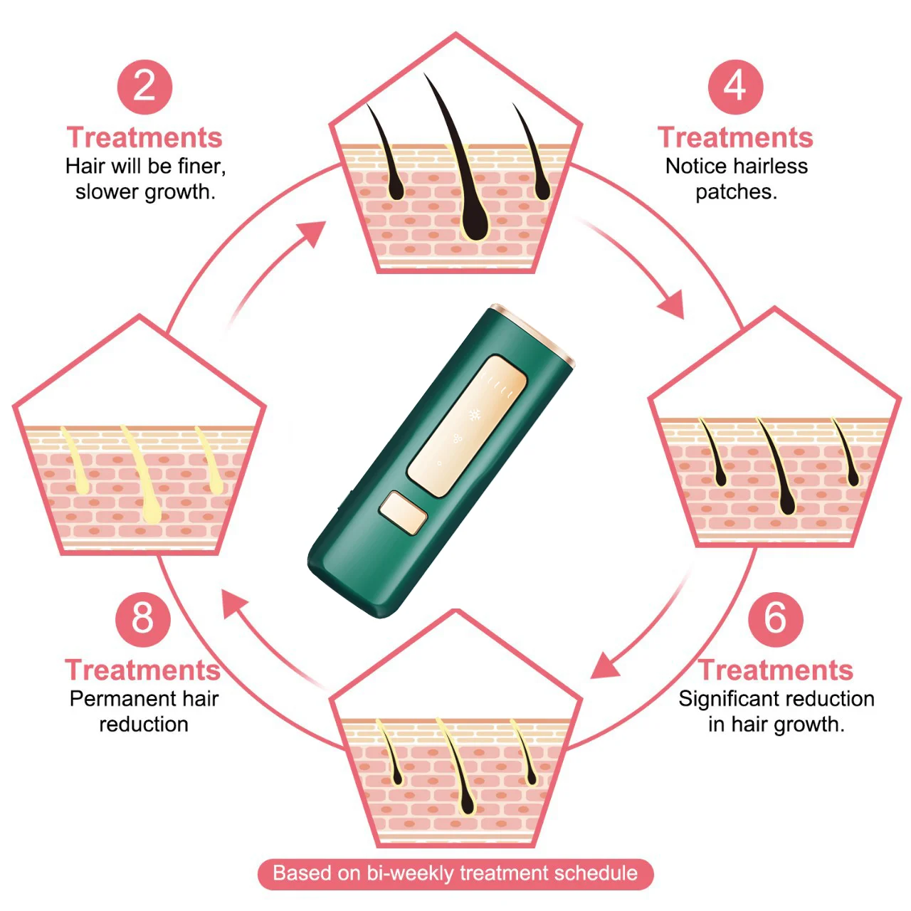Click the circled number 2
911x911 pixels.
(x=144, y=87)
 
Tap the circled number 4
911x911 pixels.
(x=735, y=87)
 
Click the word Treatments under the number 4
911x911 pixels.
(x=735, y=137)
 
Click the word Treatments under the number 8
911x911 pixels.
(x=143, y=670)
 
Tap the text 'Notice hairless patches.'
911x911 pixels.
(x=736, y=179)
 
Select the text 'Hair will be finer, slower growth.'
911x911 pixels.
(x=145, y=179)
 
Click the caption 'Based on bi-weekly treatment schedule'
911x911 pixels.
(x=455, y=873)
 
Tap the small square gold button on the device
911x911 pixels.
(x=403, y=512)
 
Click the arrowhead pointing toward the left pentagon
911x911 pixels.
(x=235, y=605)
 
